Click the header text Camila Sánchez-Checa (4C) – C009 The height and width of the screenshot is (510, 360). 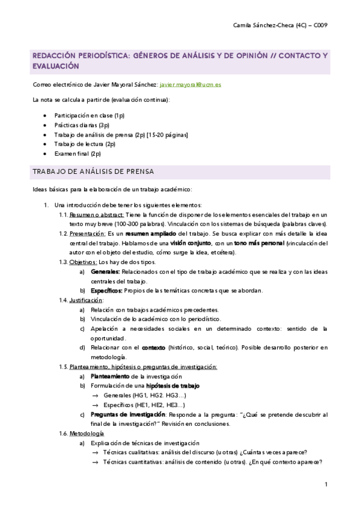(x=279, y=25)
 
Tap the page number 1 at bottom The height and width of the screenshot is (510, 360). (x=325, y=485)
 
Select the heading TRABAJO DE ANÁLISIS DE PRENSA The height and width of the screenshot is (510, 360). (x=94, y=172)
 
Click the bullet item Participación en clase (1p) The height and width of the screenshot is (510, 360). (x=89, y=115)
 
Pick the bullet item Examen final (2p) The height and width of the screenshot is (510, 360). (x=78, y=153)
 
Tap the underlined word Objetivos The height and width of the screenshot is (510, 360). (x=83, y=262)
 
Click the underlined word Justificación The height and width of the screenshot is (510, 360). (x=86, y=300)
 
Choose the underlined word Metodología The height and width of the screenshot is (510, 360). (x=86, y=433)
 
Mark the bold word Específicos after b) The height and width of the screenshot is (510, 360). (x=106, y=290)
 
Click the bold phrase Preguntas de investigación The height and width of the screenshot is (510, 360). (x=127, y=414)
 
